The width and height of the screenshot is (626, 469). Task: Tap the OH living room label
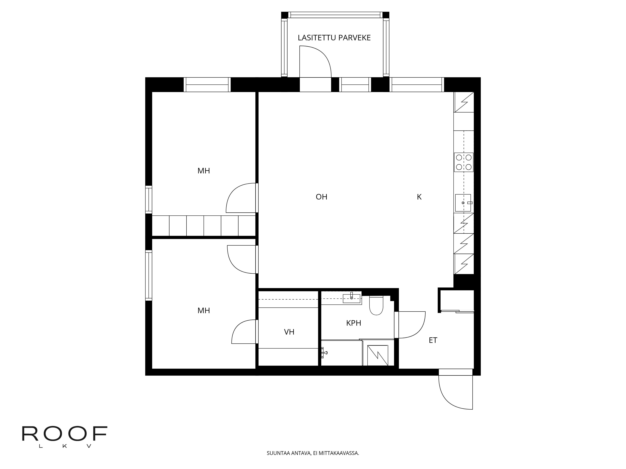pos(321,197)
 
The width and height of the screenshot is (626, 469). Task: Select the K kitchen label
pos(419,197)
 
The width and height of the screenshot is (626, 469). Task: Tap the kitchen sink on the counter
pos(463,203)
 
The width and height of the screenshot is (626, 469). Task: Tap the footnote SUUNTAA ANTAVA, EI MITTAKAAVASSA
pos(313,461)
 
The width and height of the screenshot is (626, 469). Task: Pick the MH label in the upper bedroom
pos(203,171)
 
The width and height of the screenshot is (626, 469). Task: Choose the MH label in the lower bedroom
pos(203,311)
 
